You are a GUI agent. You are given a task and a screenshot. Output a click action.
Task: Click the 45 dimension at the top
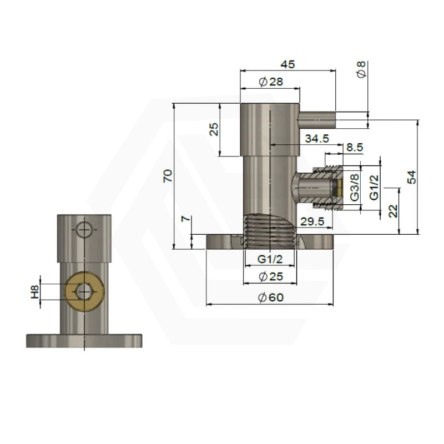pos(287,64)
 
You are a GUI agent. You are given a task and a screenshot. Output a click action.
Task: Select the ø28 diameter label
pos(271,82)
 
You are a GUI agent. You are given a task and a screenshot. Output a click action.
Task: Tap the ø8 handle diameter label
pos(361,70)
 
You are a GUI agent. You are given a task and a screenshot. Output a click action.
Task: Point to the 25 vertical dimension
pos(214,129)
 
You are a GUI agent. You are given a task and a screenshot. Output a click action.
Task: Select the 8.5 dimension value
pos(355,148)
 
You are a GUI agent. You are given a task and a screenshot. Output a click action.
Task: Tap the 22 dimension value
pos(393,211)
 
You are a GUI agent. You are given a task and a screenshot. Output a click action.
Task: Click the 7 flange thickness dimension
pos(187,219)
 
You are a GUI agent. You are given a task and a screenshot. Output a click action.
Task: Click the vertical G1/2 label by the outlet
pos(374,186)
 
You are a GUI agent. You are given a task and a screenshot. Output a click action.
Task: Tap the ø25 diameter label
pos(271,276)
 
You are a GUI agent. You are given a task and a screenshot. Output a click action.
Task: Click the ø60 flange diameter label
pos(271,297)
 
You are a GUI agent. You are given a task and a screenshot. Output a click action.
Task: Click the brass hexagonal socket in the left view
pos(83,290)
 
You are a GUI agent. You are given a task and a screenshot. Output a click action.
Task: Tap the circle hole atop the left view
pos(83,229)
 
